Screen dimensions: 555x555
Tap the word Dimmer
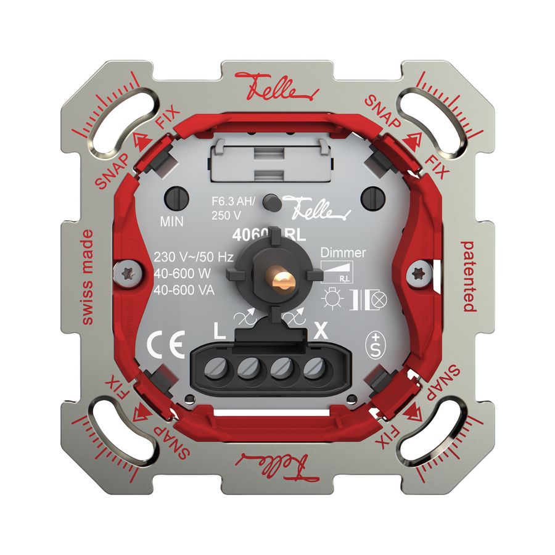[343, 253]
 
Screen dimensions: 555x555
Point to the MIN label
[172, 220]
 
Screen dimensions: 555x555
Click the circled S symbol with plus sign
[374, 343]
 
